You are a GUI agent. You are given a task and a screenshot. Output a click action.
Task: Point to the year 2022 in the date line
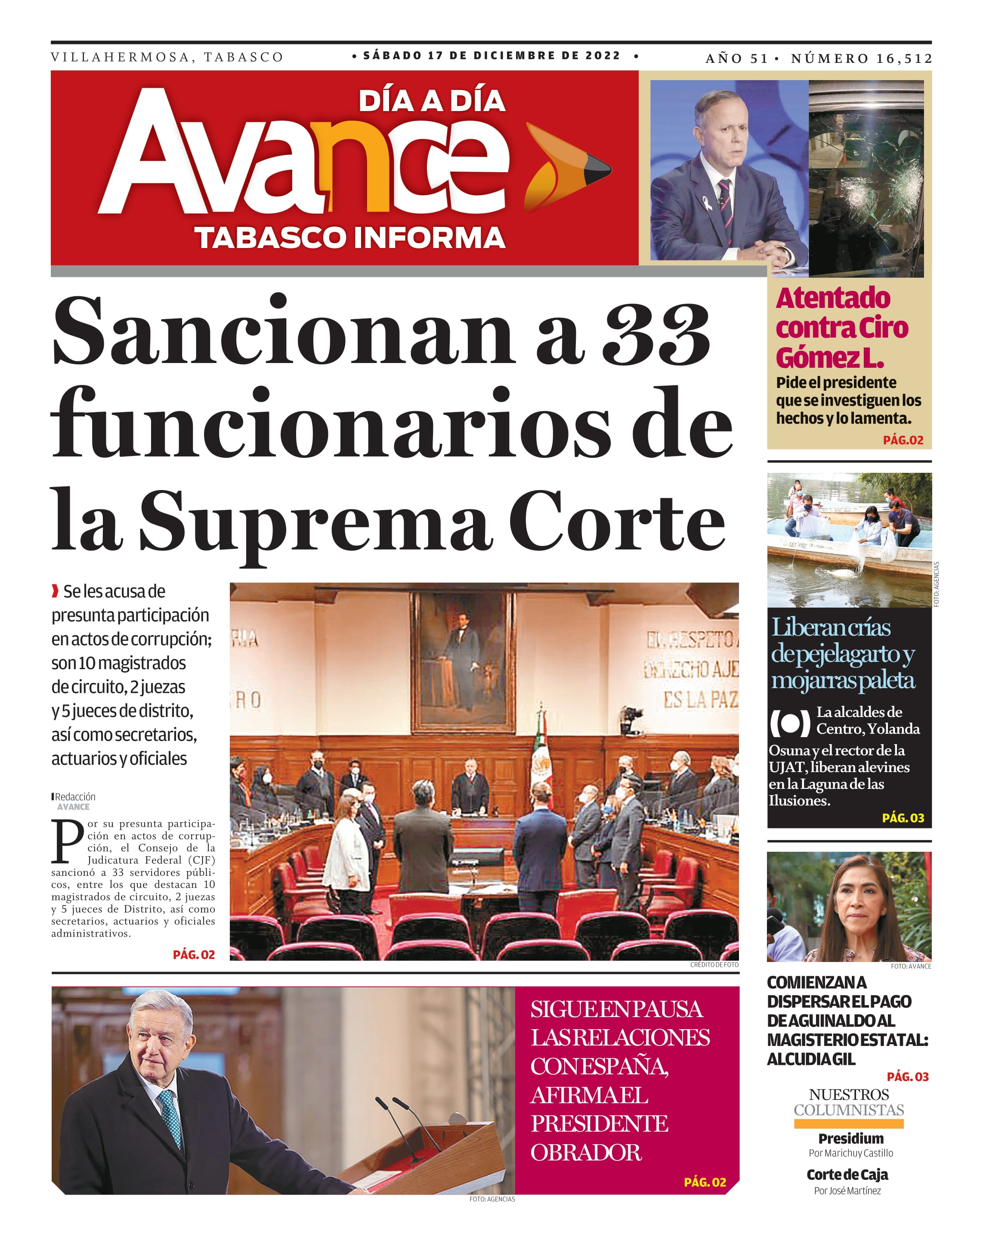pos(603,56)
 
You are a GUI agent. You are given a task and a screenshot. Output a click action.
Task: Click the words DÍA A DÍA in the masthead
pos(432,101)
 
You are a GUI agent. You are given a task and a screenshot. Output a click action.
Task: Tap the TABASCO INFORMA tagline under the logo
pos(349,238)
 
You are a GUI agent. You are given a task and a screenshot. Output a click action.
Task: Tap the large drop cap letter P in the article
pos(67,841)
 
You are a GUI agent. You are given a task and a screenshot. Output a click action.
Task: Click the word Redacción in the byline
pos(75,797)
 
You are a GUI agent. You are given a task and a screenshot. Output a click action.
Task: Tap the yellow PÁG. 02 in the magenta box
pos(705,1182)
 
